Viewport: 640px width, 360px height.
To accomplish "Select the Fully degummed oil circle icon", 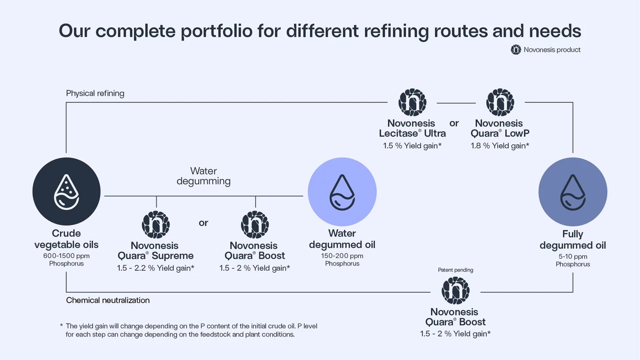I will tap(573, 192).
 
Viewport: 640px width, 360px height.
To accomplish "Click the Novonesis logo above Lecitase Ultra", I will tap(412, 102).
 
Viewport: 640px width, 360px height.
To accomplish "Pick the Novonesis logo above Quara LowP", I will tap(500, 102).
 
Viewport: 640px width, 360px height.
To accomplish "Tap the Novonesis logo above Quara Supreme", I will tap(156, 225).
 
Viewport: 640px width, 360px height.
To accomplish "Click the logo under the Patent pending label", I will tap(455, 291).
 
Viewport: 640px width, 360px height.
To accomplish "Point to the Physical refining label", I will tap(95, 94).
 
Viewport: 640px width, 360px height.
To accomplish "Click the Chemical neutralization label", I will tap(108, 300).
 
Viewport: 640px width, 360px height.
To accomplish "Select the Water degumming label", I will tap(203, 176).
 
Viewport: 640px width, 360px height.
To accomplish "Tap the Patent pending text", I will tap(455, 270).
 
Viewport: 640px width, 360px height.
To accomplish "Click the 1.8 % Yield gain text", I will tap(500, 146).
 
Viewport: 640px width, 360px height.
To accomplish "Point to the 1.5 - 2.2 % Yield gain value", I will tap(156, 268).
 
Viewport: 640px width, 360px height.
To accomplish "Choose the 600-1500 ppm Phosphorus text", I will tap(66, 260).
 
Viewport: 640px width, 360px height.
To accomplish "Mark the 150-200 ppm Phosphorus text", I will tap(342, 260).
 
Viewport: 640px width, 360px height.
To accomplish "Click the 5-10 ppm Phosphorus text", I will tap(573, 260).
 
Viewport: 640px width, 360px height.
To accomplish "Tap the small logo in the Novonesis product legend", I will tap(516, 50).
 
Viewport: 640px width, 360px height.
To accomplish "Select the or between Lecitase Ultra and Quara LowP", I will tap(454, 123).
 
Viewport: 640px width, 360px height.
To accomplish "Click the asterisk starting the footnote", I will tap(61, 326).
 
